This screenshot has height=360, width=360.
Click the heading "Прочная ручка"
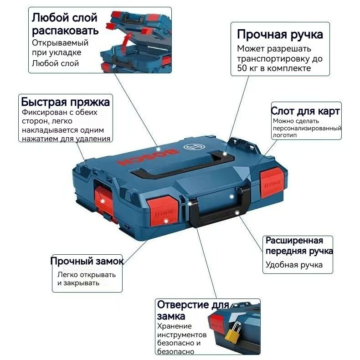point(280,35)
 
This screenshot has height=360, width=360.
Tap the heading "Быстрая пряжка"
point(66,101)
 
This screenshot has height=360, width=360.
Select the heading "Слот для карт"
point(305,111)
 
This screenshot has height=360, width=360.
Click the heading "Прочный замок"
point(87,261)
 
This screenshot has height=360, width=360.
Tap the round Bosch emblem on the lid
point(190,147)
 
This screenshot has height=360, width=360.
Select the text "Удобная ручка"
point(294,265)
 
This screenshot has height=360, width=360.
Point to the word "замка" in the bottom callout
point(171,316)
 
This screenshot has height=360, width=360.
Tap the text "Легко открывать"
point(86,275)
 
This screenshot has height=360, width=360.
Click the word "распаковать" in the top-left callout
point(65,31)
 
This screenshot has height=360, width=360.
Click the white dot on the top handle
point(225,154)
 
